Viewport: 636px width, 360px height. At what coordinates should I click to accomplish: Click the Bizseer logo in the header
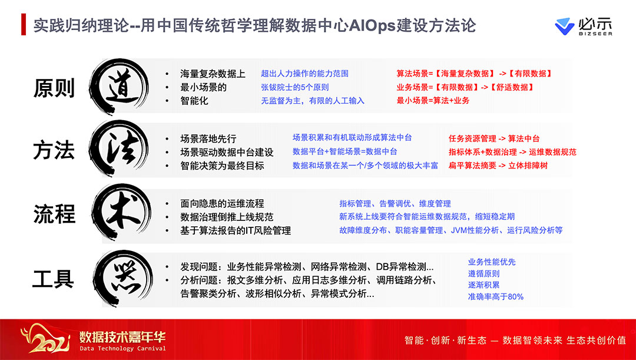(583, 27)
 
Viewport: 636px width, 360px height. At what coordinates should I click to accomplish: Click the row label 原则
(54, 88)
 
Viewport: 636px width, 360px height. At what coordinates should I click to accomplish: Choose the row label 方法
(54, 151)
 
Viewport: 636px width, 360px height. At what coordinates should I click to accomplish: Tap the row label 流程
(54, 214)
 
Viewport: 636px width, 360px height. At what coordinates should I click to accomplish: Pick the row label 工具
(53, 279)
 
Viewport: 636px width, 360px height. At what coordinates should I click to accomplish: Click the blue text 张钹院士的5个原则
(295, 87)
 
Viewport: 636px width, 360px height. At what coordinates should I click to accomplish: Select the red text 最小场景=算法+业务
(433, 100)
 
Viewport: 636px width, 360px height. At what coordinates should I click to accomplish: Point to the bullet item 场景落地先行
(208, 139)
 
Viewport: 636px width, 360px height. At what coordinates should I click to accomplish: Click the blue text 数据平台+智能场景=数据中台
(344, 151)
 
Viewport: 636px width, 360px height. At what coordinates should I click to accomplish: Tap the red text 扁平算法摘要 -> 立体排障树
(498, 165)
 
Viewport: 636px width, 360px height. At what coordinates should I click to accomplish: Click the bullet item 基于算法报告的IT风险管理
(236, 230)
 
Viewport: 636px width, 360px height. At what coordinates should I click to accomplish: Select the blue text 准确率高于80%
(496, 297)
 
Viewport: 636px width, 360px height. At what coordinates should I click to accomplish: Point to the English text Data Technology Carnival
(122, 348)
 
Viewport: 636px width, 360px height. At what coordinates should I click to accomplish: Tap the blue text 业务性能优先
(492, 262)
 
